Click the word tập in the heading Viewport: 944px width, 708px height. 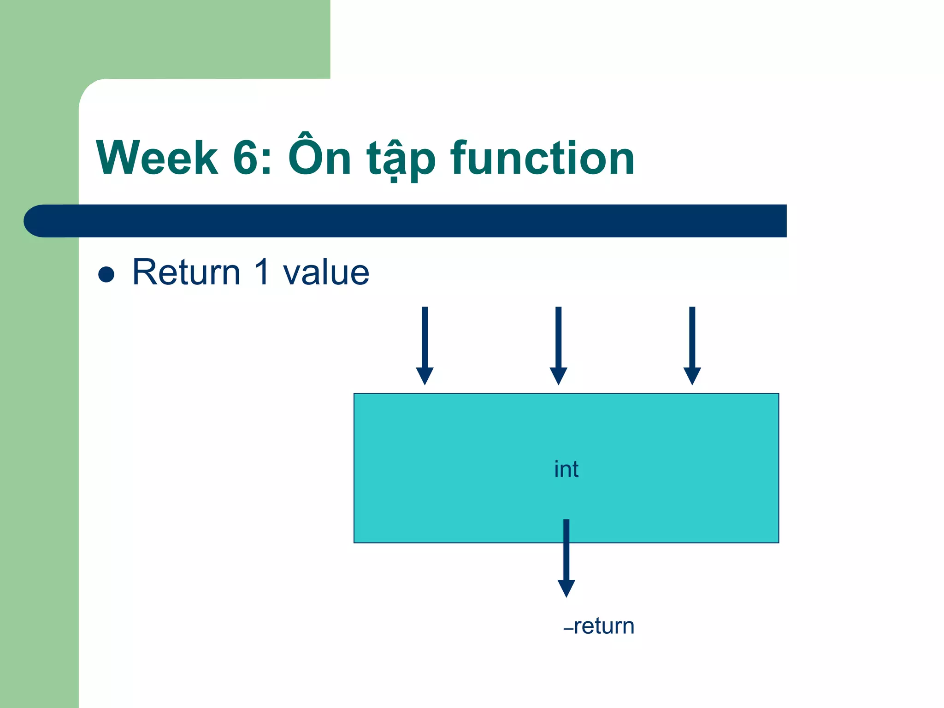401,159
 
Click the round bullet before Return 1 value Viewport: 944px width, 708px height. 106,274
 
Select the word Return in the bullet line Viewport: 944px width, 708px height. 186,272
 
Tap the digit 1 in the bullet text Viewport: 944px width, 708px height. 262,272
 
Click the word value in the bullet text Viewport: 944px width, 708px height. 326,273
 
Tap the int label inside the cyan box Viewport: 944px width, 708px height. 566,469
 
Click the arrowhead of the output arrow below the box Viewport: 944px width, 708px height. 566,588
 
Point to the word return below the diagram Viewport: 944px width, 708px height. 604,626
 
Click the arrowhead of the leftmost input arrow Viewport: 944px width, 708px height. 425,375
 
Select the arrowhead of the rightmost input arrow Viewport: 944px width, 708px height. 692,375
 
